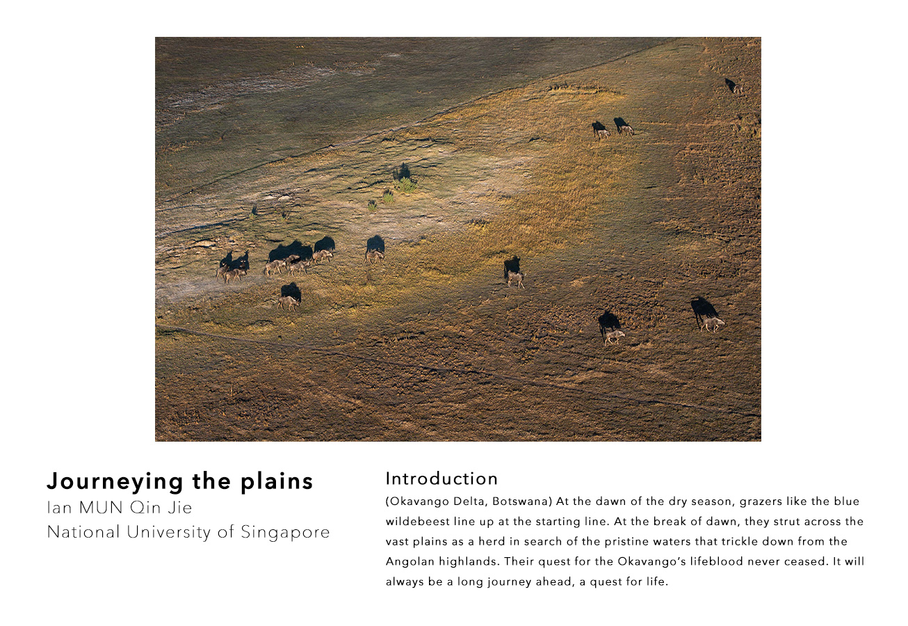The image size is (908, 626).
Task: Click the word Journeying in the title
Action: click(x=115, y=482)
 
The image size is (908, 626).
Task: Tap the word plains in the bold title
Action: click(x=277, y=482)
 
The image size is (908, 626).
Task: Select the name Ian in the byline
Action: click(x=59, y=508)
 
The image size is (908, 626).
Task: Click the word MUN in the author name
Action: click(x=101, y=508)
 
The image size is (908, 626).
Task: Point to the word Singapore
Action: click(x=285, y=533)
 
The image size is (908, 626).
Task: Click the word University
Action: click(x=169, y=533)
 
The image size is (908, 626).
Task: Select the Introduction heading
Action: click(x=441, y=479)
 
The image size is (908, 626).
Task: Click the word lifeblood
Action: click(x=717, y=561)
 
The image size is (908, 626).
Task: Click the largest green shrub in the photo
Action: click(x=405, y=185)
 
